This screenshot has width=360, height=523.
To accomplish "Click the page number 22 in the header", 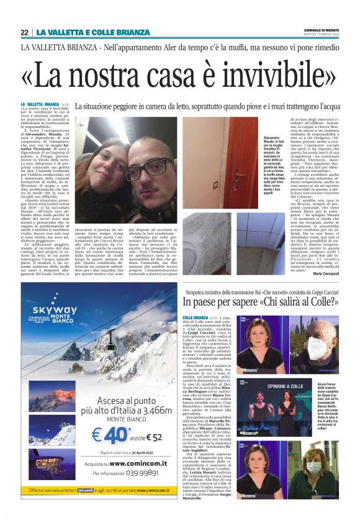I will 24,32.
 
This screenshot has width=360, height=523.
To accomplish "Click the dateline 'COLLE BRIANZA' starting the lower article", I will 196,317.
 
